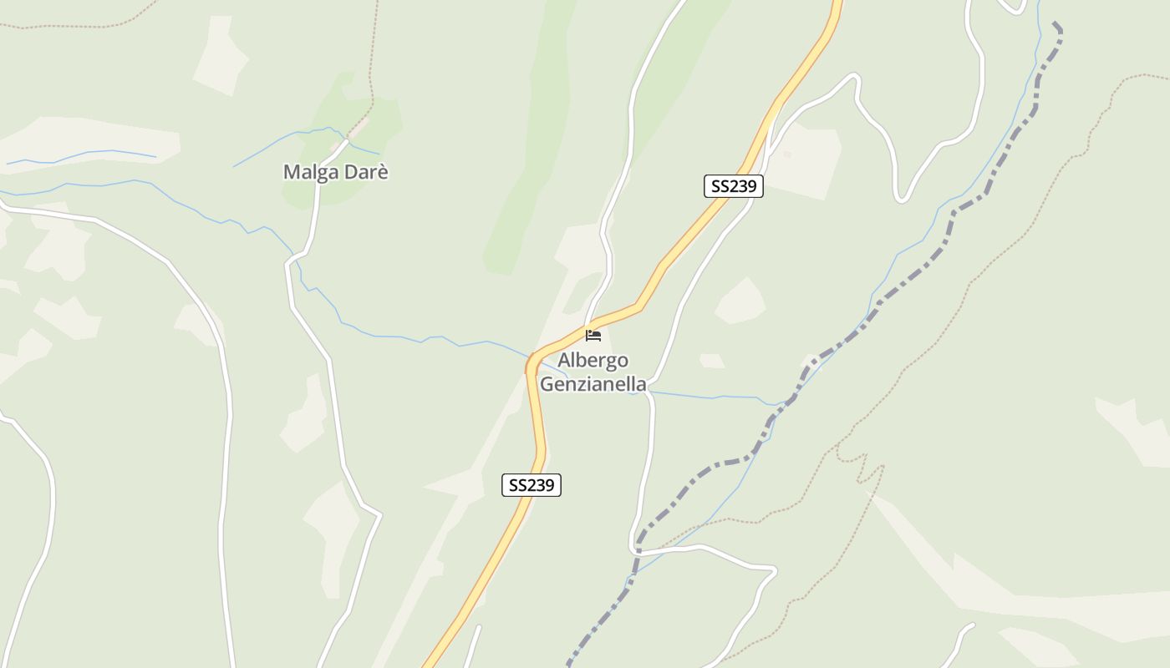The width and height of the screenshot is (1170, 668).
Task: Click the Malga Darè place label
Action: point(336,172)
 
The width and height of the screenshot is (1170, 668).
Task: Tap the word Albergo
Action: point(593,361)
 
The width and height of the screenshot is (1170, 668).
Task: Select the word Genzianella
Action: point(593,384)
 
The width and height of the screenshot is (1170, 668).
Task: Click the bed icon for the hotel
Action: point(593,336)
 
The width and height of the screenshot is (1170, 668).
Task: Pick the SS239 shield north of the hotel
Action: point(734,186)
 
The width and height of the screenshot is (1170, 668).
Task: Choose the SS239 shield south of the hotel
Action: point(532,485)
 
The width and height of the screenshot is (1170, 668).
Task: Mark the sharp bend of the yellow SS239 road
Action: point(530,364)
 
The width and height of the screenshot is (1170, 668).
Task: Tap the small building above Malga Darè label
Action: point(358,128)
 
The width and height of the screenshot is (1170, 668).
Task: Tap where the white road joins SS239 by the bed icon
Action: point(588,326)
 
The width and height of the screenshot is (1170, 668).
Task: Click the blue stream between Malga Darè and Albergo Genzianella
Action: point(401,338)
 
